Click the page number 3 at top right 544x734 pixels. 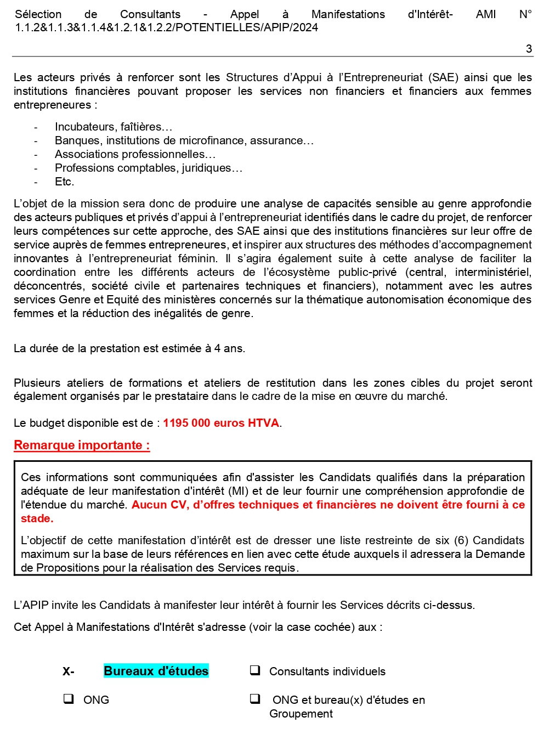529,49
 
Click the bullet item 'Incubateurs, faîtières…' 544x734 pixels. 113,127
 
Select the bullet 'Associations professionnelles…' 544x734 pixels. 135,154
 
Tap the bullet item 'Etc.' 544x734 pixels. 64,182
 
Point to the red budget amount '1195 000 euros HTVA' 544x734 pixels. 221,423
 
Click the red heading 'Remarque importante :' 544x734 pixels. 82,445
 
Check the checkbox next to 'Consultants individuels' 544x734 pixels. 255,670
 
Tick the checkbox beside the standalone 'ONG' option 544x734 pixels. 69,699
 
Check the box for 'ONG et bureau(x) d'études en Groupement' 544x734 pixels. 255,699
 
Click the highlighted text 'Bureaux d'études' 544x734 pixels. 156,671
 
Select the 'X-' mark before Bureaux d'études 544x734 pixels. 68,671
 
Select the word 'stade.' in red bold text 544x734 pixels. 37,518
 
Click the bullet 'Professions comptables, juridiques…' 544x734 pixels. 148,168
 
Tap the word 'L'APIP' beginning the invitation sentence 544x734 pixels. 31,605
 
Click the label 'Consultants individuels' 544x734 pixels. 327,671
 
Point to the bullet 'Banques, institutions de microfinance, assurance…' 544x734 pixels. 184,140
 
